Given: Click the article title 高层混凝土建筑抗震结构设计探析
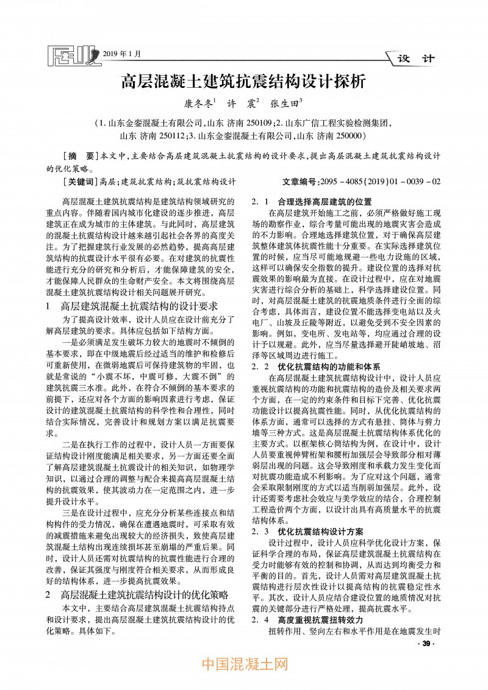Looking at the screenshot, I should (x=244, y=81).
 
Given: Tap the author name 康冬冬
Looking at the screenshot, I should (x=199, y=104).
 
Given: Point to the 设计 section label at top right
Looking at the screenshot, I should (x=415, y=59).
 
